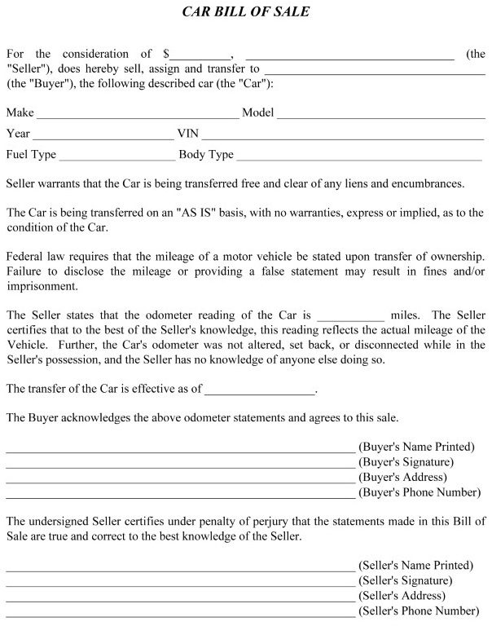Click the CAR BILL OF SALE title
[245, 13]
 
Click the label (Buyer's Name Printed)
[416, 447]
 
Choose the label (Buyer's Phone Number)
[420, 492]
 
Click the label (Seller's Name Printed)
[415, 565]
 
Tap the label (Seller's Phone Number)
[419, 611]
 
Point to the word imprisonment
[42, 287]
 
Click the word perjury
[270, 522]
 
